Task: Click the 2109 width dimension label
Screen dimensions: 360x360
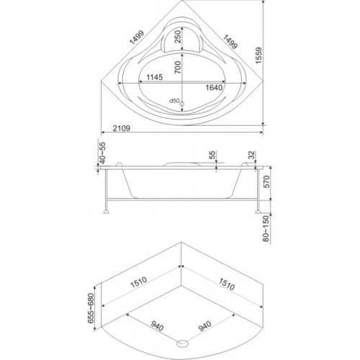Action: click(122, 128)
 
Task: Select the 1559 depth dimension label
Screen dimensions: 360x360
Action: click(259, 55)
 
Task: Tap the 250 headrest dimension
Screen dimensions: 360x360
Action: click(178, 37)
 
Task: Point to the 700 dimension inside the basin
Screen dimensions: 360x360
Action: click(178, 67)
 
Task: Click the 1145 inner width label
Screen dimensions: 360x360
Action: click(155, 77)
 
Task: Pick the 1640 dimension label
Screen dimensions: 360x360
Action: click(214, 88)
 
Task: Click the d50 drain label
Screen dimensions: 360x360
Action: click(174, 101)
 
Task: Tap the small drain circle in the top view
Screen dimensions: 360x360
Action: click(182, 104)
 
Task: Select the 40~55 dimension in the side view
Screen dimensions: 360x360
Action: click(102, 153)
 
